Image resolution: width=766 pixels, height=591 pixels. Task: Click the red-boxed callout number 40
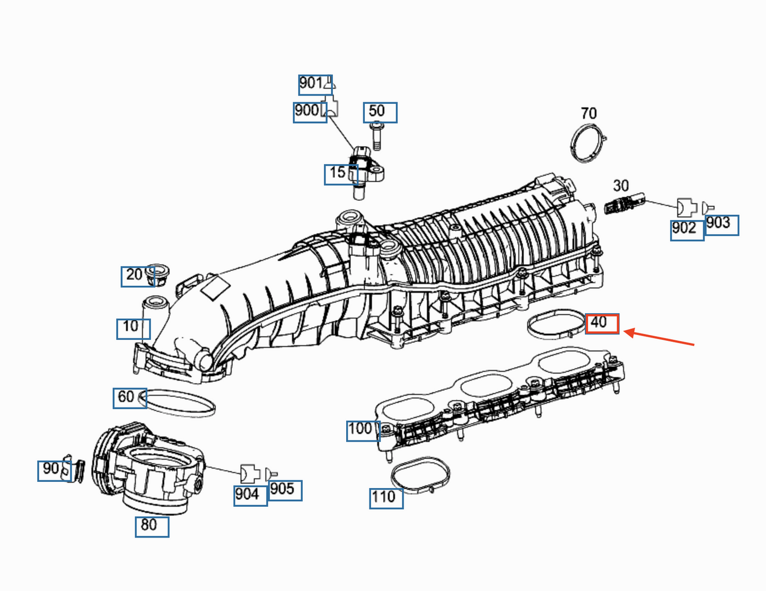tap(601, 323)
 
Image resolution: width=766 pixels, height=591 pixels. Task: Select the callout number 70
tap(588, 113)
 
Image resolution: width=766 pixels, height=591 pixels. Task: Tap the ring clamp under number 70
tap(587, 143)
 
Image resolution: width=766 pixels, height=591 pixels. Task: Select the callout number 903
tap(721, 225)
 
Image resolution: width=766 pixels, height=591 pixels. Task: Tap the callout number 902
tap(686, 230)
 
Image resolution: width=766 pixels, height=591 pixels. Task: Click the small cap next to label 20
tap(157, 274)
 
